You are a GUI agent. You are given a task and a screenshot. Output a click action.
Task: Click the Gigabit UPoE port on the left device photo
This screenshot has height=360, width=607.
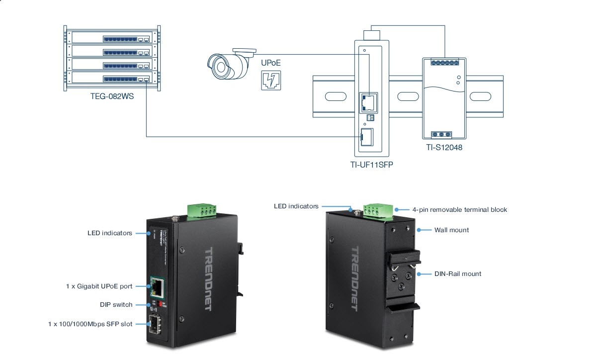158,287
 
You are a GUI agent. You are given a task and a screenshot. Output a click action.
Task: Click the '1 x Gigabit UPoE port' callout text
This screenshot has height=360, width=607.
99,286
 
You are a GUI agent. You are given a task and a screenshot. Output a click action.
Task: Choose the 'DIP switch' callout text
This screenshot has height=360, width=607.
116,305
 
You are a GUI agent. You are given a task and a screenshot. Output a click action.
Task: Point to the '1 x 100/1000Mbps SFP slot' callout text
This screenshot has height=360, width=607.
90,324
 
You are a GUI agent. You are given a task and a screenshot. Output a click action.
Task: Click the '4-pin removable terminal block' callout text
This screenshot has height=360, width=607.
460,210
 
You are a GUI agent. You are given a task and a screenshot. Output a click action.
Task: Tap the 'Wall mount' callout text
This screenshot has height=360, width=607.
451,230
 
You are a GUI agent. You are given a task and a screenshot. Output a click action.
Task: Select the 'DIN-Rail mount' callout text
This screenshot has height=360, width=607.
457,273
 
